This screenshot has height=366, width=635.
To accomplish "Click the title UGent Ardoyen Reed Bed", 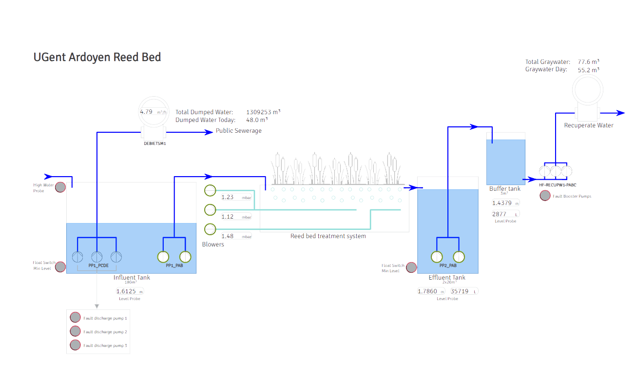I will pyautogui.click(x=97, y=57).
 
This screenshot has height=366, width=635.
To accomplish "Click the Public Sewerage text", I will pyautogui.click(x=239, y=131).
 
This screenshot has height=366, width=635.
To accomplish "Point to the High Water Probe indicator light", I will pyautogui.click(x=60, y=187).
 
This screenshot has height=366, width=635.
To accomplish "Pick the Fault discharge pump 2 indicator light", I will pyautogui.click(x=75, y=331).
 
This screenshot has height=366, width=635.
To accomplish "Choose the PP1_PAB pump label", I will pyautogui.click(x=174, y=266).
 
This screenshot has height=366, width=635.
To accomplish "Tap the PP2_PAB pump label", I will pyautogui.click(x=448, y=266).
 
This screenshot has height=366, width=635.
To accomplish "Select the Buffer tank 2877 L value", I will pyautogui.click(x=505, y=214).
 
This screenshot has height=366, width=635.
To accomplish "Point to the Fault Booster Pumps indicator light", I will pyautogui.click(x=545, y=196).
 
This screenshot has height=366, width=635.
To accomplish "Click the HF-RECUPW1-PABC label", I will pyautogui.click(x=556, y=185).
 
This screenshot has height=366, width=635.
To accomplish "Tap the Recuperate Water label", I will pyautogui.click(x=589, y=125).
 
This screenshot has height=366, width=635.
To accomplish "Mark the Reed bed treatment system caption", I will pyautogui.click(x=328, y=236).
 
